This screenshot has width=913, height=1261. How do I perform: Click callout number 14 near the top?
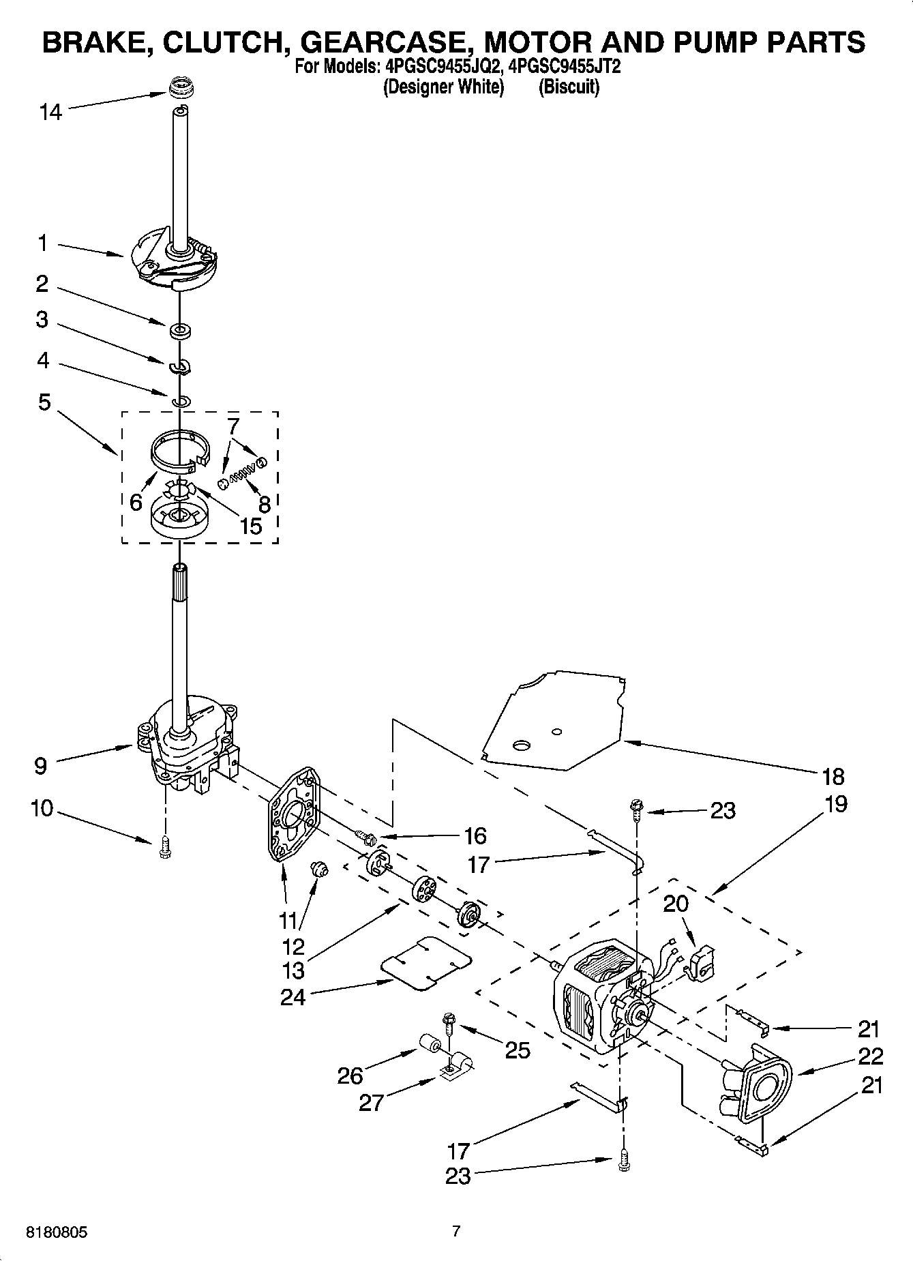click(x=50, y=113)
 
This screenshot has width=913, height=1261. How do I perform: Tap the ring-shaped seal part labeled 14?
click(x=181, y=89)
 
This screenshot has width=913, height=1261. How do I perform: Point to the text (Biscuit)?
click(x=569, y=87)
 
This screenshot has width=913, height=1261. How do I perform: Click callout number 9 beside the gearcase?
click(x=40, y=766)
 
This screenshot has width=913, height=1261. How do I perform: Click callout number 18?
click(x=833, y=776)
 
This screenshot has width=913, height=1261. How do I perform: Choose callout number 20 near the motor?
click(x=676, y=904)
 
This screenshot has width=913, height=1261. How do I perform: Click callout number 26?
click(x=350, y=1075)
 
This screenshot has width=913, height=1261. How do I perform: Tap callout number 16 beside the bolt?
click(x=475, y=835)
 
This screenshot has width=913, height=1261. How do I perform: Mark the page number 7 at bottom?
click(x=456, y=1231)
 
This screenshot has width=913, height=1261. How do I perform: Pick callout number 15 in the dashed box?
click(x=250, y=526)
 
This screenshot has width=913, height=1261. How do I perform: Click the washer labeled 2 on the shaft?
click(x=181, y=331)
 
